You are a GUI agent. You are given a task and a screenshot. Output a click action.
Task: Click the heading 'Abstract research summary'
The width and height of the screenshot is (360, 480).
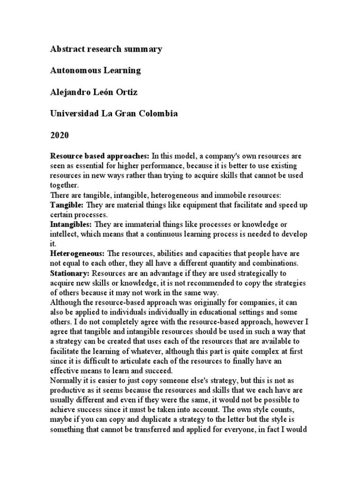[106, 49]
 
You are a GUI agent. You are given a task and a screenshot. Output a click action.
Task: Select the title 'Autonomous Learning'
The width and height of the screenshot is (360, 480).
[95, 71]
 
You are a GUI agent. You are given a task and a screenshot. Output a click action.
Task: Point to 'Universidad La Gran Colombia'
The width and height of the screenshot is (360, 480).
[114, 114]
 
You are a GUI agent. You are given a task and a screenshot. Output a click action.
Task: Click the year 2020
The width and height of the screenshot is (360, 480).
[60, 135]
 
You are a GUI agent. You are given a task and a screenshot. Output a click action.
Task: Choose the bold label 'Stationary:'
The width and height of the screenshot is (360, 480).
[70, 273]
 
